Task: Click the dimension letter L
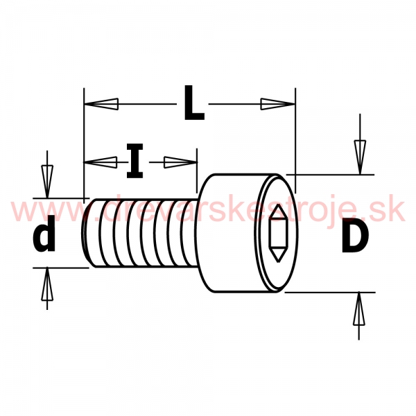tap(194, 103)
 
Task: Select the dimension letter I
tap(135, 161)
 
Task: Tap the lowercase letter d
tap(44, 234)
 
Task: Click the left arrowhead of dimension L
tap(101, 104)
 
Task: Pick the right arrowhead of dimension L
tap(278, 104)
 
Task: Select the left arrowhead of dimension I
tap(101, 162)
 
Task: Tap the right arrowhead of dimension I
tap(181, 162)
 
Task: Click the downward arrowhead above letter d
tap(47, 182)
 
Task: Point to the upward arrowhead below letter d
tap(47, 284)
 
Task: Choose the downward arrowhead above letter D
tap(360, 157)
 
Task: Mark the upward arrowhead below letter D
tap(359, 309)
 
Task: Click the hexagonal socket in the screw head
tap(278, 234)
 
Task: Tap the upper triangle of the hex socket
tap(278, 211)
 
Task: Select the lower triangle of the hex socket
tap(278, 255)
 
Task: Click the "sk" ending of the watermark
tap(392, 211)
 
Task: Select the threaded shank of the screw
tap(141, 233)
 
